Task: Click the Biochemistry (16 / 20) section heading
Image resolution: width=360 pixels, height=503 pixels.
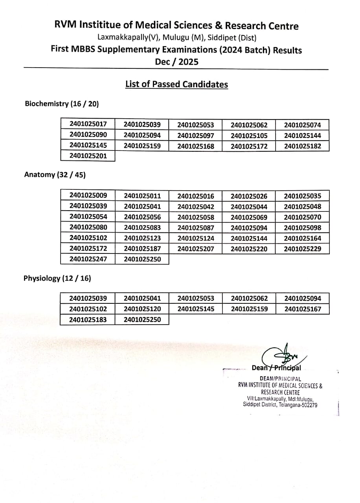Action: click(x=62, y=104)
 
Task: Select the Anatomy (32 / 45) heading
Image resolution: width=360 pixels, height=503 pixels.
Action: click(x=55, y=174)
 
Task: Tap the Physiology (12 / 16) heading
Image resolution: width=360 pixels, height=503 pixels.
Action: click(x=57, y=278)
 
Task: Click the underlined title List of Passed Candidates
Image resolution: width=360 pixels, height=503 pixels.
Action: click(x=176, y=84)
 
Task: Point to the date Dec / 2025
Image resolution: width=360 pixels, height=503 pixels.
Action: click(x=176, y=62)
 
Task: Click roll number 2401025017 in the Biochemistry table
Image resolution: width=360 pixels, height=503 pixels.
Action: click(x=88, y=125)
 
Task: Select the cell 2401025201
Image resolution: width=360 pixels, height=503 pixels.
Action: click(x=88, y=156)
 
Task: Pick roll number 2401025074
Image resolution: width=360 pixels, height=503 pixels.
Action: click(x=302, y=125)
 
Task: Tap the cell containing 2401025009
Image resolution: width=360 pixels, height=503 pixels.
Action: click(x=88, y=195)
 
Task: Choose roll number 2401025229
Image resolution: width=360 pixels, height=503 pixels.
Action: click(x=302, y=249)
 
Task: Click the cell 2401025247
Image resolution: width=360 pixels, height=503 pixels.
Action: click(x=88, y=259)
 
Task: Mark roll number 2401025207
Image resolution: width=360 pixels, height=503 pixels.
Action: click(x=195, y=249)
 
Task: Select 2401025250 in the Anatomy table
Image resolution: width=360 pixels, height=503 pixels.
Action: click(x=142, y=259)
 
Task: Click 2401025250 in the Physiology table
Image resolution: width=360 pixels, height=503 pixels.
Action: click(x=142, y=319)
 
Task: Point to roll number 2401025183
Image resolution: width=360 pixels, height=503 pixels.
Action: click(x=88, y=319)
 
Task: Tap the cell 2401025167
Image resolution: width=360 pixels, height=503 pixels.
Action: click(x=302, y=309)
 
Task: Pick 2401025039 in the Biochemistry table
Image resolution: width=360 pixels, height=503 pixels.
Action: click(x=142, y=125)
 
